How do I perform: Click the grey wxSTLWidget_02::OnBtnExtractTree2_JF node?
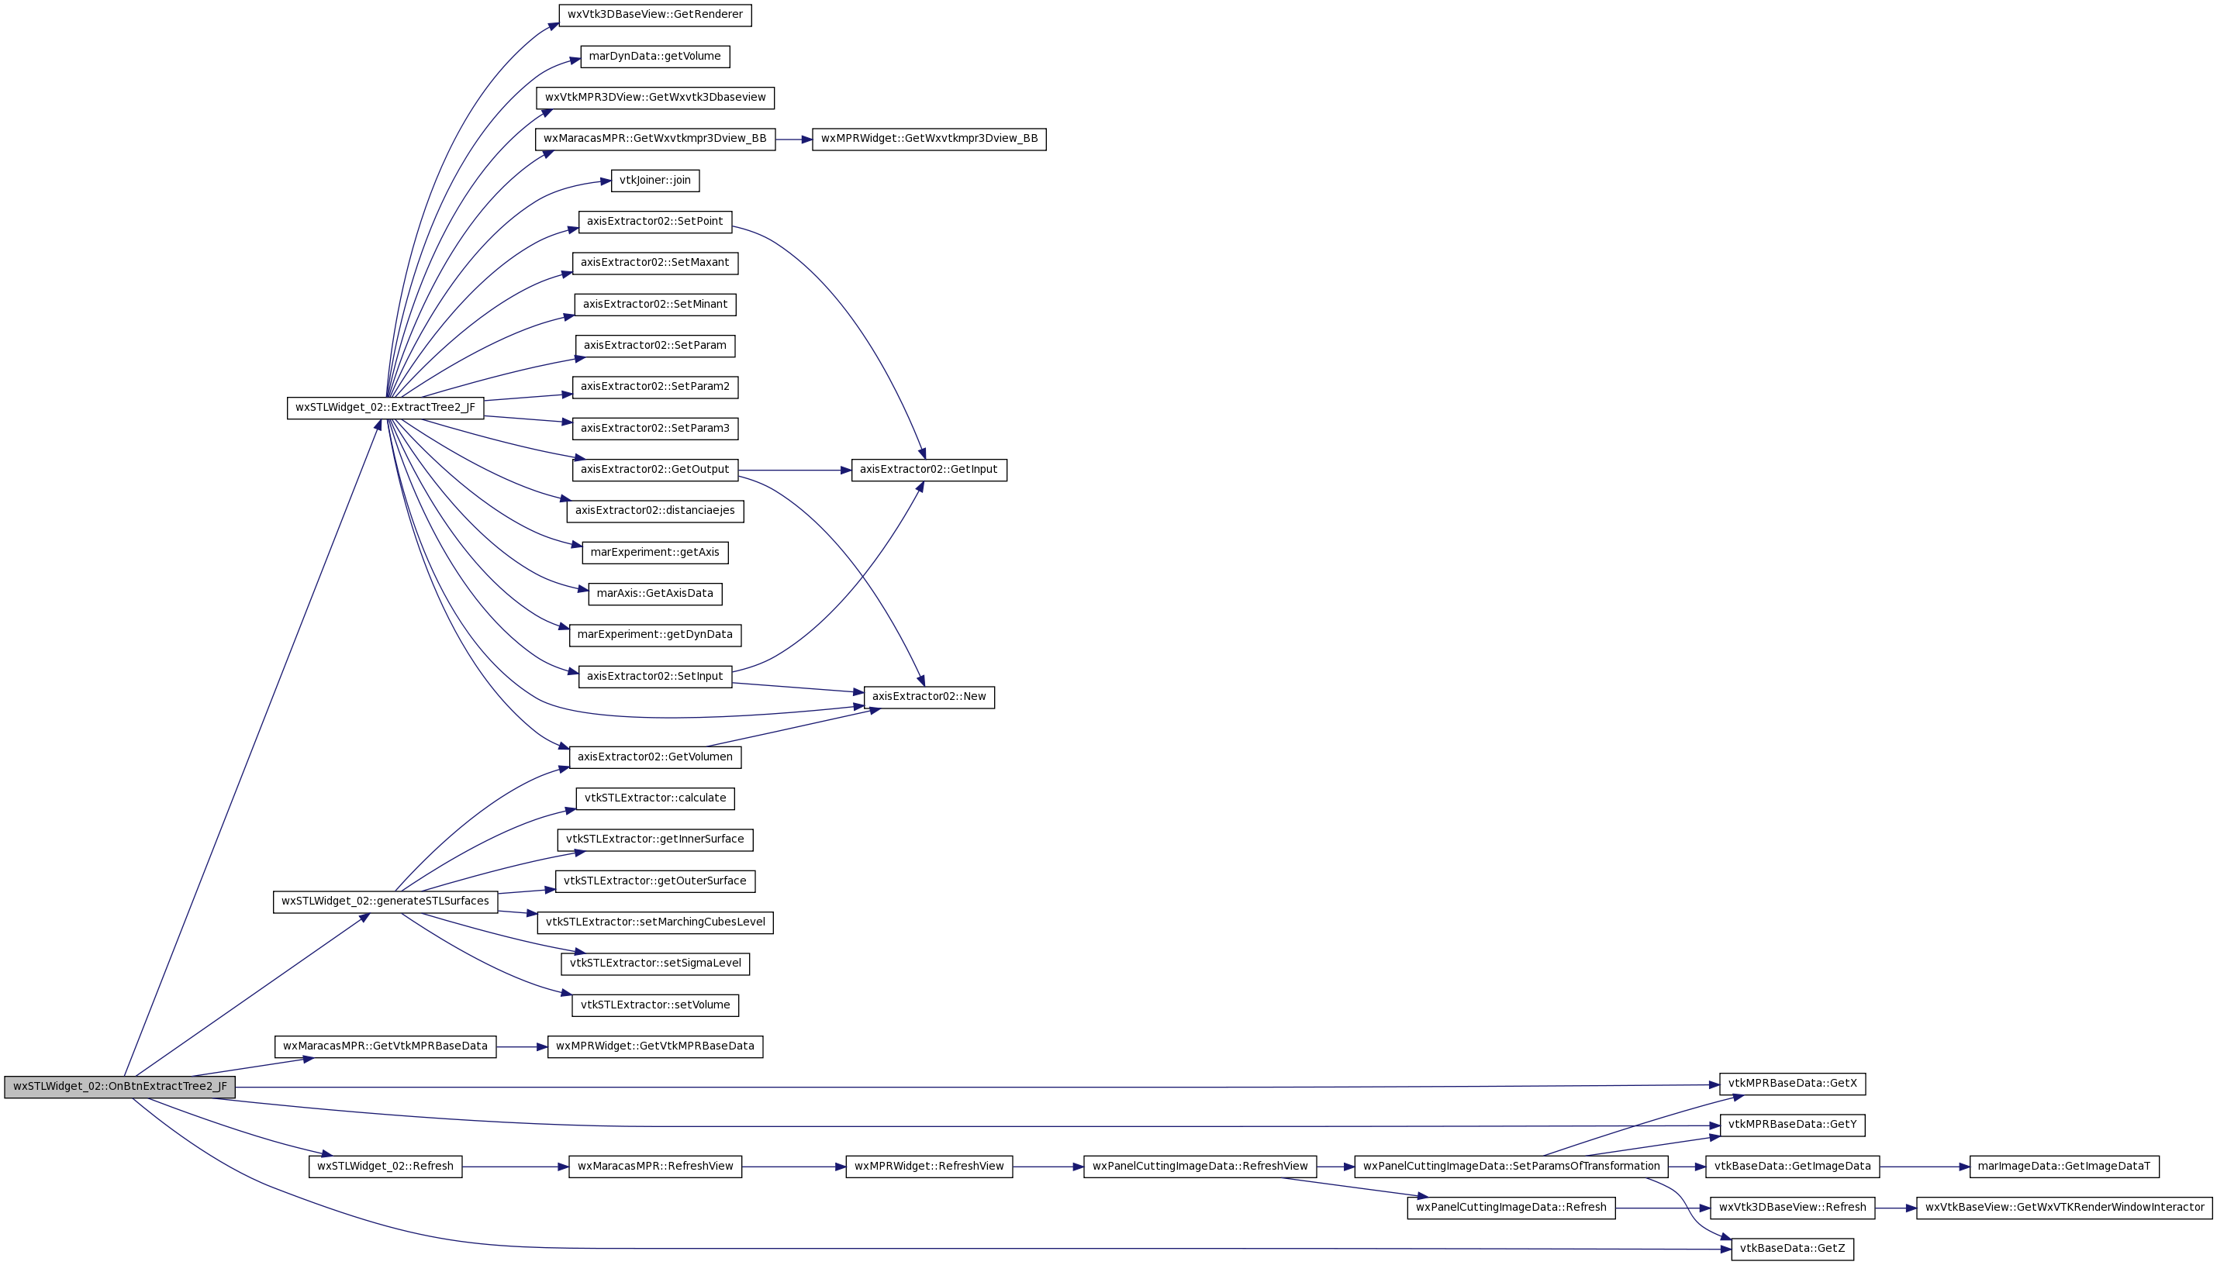coord(120,1087)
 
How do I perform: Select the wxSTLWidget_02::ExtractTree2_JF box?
coord(385,408)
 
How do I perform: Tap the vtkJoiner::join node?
coord(655,181)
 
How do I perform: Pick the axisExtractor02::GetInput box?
coord(929,470)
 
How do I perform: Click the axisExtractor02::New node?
coord(929,697)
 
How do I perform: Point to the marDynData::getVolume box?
coord(655,57)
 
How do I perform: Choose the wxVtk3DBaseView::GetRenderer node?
coord(655,15)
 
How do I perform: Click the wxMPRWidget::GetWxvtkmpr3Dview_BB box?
coord(929,139)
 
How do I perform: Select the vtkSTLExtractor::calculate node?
coord(655,798)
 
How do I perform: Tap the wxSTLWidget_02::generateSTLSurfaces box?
coord(385,901)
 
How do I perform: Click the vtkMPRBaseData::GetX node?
coord(1793,1084)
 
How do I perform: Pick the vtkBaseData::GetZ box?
coord(1793,1249)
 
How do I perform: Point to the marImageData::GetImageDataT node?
coord(2064,1167)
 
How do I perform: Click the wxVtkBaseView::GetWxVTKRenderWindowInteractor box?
coord(2065,1208)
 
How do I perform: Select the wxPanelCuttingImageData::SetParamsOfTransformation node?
coord(1511,1167)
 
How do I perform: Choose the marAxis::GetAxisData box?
coord(655,595)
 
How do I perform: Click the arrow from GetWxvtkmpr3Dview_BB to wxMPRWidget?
coord(793,139)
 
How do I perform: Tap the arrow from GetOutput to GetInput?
coord(794,470)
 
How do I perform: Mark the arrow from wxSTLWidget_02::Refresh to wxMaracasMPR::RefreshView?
coord(516,1167)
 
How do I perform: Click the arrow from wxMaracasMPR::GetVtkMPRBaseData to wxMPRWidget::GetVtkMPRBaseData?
coord(521,1047)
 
